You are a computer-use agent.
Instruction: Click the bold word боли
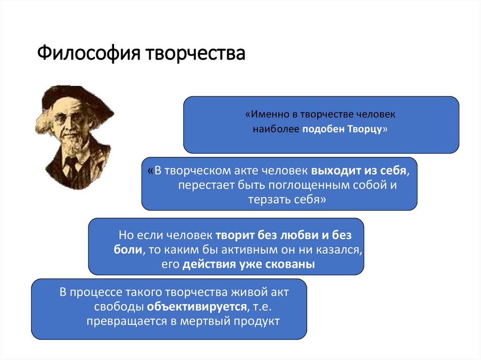(128, 249)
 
